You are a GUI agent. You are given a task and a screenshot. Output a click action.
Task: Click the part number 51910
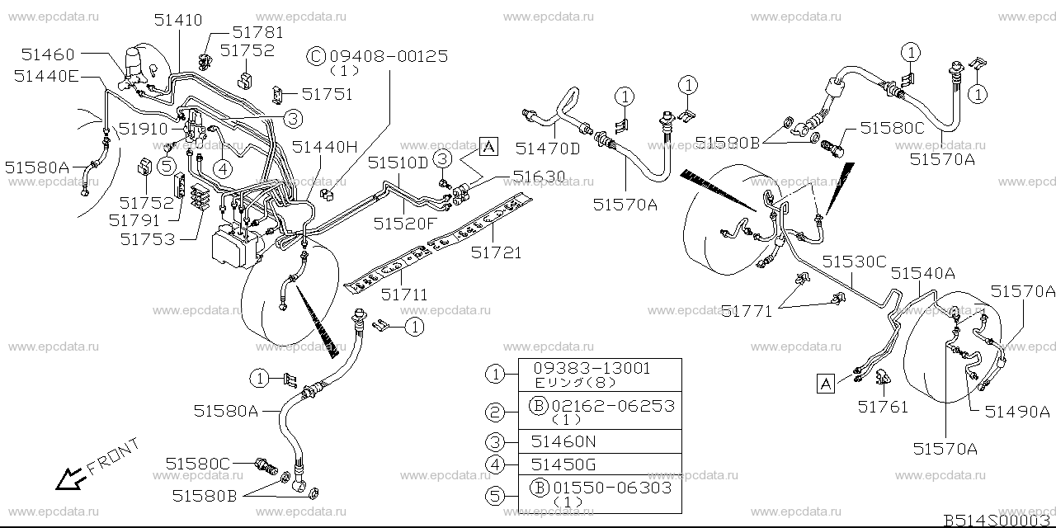[x=142, y=129]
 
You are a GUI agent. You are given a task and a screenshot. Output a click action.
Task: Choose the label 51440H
[x=324, y=148]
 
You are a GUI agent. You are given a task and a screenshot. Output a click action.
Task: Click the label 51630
[x=540, y=176]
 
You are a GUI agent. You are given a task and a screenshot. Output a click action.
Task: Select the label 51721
[x=497, y=253]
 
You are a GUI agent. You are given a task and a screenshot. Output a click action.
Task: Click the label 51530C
[x=854, y=262]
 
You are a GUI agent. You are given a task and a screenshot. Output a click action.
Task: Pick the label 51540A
[x=922, y=273]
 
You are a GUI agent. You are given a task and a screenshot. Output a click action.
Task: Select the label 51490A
[x=1017, y=412]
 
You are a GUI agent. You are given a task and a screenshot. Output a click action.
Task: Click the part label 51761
[x=882, y=406]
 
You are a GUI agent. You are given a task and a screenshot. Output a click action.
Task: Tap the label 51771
[x=747, y=311]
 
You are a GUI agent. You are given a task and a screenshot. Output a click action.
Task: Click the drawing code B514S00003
[x=997, y=520]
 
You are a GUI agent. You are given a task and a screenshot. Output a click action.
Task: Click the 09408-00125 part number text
[x=389, y=56]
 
